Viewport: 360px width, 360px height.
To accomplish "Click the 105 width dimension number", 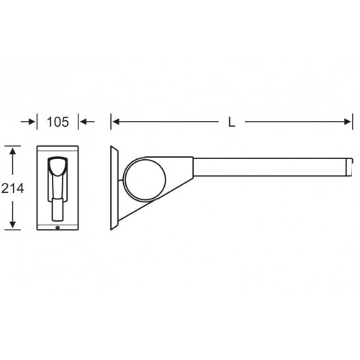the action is pos(58,122).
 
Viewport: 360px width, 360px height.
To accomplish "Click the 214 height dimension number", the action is pos(13,188).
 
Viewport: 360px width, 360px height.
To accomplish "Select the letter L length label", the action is pos(231,122).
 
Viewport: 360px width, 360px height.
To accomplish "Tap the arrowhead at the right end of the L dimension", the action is pos(347,122).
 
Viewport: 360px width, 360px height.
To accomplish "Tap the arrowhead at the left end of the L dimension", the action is pos(116,122).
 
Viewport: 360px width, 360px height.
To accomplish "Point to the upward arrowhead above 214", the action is pos(12,151).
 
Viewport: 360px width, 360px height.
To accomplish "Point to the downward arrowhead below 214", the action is pos(12,225).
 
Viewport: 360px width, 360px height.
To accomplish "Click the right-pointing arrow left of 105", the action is pos(28,122).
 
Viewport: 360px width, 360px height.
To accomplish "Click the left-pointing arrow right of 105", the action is pos(87,122).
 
